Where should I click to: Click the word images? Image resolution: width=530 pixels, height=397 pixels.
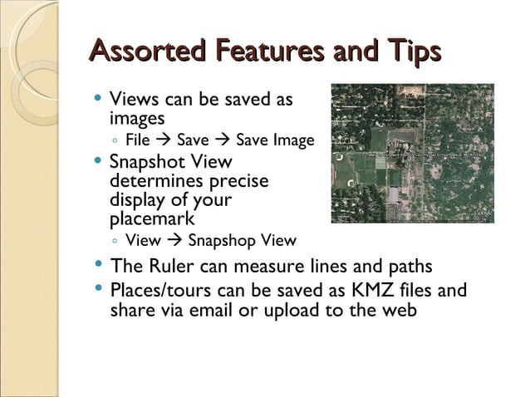point(137,119)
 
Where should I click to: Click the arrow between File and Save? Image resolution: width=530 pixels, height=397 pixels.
point(163,140)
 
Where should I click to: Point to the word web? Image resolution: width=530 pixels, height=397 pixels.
point(397,311)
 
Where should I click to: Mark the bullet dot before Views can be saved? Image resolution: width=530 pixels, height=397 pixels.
point(98,97)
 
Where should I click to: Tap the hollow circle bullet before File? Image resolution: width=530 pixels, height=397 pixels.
point(115,141)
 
